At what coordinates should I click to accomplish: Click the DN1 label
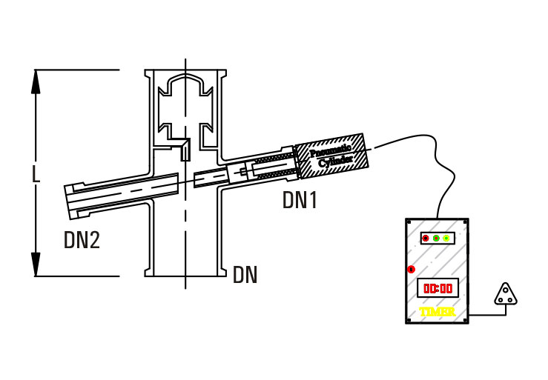[x=300, y=200]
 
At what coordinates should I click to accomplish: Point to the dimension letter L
[x=36, y=173]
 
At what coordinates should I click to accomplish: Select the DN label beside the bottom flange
[x=245, y=276]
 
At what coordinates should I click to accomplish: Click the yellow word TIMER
[x=437, y=312]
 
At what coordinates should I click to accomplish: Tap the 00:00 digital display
[x=437, y=287]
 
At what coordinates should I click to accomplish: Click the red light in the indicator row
[x=426, y=238]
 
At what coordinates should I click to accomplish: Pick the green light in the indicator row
[x=436, y=238]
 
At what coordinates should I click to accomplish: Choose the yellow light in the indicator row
[x=446, y=238]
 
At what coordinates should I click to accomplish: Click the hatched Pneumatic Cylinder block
[x=331, y=156]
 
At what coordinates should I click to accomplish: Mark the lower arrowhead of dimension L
[x=36, y=264]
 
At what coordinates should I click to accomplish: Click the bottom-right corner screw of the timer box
[x=465, y=320]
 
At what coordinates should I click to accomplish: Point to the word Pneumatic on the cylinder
[x=327, y=150]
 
